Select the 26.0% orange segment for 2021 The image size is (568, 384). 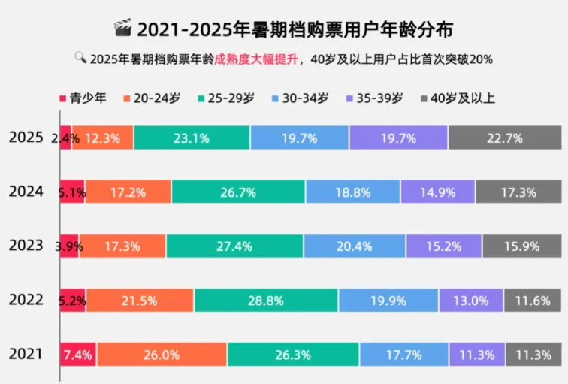point(162,355)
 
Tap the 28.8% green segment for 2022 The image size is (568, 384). point(266,301)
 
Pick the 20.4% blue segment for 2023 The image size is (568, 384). point(355,246)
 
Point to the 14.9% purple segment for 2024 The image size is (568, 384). point(437,192)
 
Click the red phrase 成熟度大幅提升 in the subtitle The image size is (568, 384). point(255,59)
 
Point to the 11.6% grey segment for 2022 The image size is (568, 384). point(533,301)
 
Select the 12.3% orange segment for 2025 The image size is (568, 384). point(103,138)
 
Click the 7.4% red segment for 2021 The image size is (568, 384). point(78,355)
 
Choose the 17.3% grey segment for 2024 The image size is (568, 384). point(518,192)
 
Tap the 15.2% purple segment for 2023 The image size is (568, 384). point(443,246)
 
